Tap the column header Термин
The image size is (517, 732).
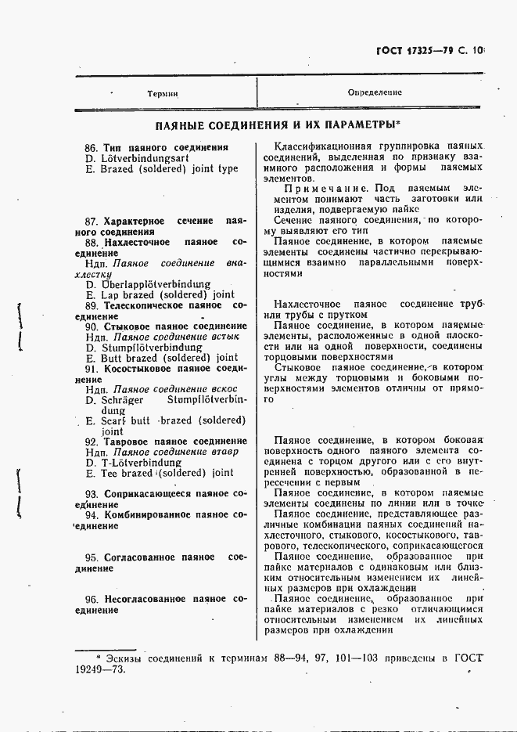coord(162,92)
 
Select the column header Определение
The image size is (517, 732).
coord(375,92)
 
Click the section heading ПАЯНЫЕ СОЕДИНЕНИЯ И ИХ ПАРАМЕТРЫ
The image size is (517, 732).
coord(277,124)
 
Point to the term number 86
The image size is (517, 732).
coord(90,147)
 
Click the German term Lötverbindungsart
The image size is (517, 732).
coord(146,157)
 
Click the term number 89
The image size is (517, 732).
coord(91,305)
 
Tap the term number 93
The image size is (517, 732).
coord(92,494)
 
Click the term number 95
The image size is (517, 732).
coord(92,557)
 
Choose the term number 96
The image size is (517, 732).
coord(92,599)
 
